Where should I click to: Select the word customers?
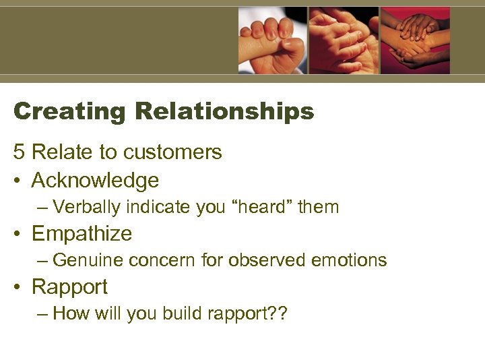click(x=172, y=153)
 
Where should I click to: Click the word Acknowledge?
click(x=95, y=181)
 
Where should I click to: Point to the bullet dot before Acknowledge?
click(x=18, y=181)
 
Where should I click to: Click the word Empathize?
click(x=82, y=234)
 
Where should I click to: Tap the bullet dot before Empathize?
click(x=18, y=235)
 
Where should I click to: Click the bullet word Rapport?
click(x=69, y=287)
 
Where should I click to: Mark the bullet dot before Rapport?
click(x=18, y=288)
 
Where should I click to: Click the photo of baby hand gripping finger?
click(x=272, y=40)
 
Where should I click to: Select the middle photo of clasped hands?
click(x=344, y=40)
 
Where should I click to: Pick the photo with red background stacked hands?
click(x=415, y=40)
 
